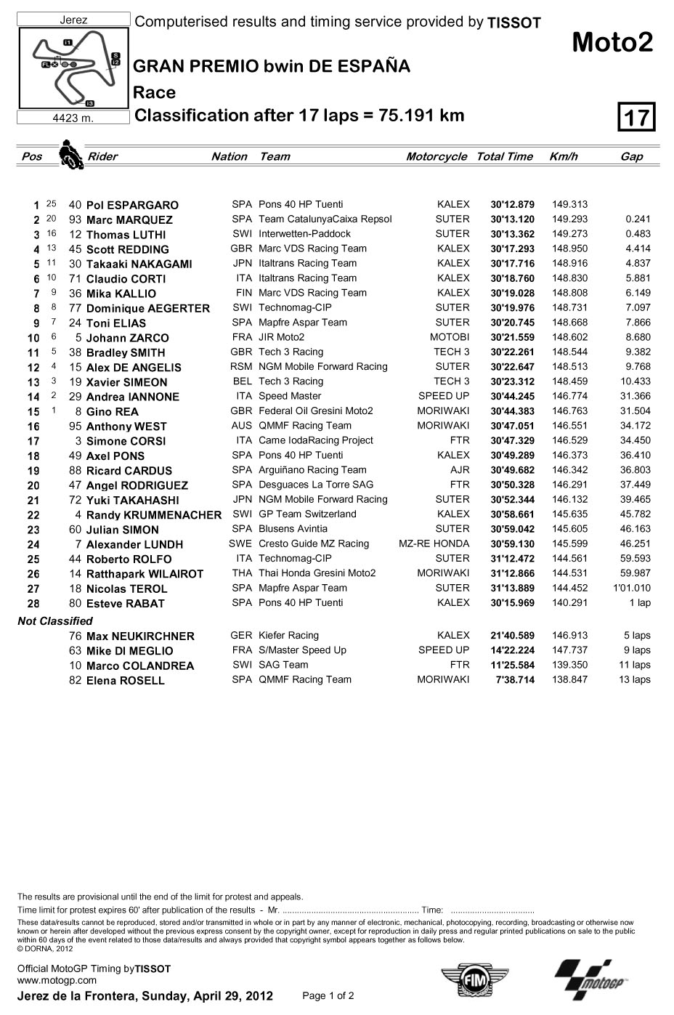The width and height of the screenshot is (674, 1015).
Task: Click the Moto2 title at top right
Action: point(612,43)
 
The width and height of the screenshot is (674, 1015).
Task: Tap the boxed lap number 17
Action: point(636,117)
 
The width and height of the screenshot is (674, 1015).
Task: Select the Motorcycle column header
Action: point(436,156)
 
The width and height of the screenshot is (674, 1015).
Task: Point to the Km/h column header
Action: point(564,156)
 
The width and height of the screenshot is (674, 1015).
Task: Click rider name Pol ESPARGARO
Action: point(131,205)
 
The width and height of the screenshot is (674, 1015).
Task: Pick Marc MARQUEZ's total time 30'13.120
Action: point(512,219)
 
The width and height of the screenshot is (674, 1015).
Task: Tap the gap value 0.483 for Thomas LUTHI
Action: point(637,234)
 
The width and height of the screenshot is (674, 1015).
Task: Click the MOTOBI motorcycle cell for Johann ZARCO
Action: point(450,337)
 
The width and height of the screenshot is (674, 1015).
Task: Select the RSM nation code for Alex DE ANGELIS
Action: point(240,367)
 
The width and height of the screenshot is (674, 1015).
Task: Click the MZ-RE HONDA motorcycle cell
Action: point(434,543)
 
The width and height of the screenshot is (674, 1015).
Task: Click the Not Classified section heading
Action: point(55,621)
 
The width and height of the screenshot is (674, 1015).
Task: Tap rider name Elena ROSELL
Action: point(125,681)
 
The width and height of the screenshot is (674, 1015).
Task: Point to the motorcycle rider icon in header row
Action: point(70,155)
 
